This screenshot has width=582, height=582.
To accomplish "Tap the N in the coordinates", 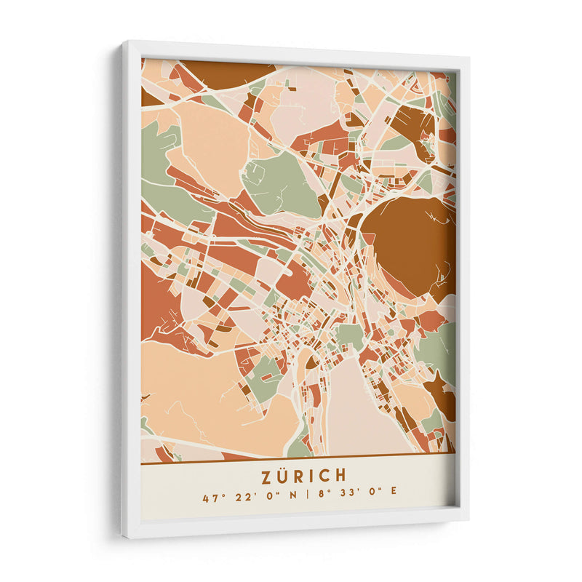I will coord(292,498).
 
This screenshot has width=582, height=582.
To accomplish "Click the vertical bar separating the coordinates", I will coord(308,498).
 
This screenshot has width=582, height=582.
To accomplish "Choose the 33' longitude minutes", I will coord(349,498).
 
